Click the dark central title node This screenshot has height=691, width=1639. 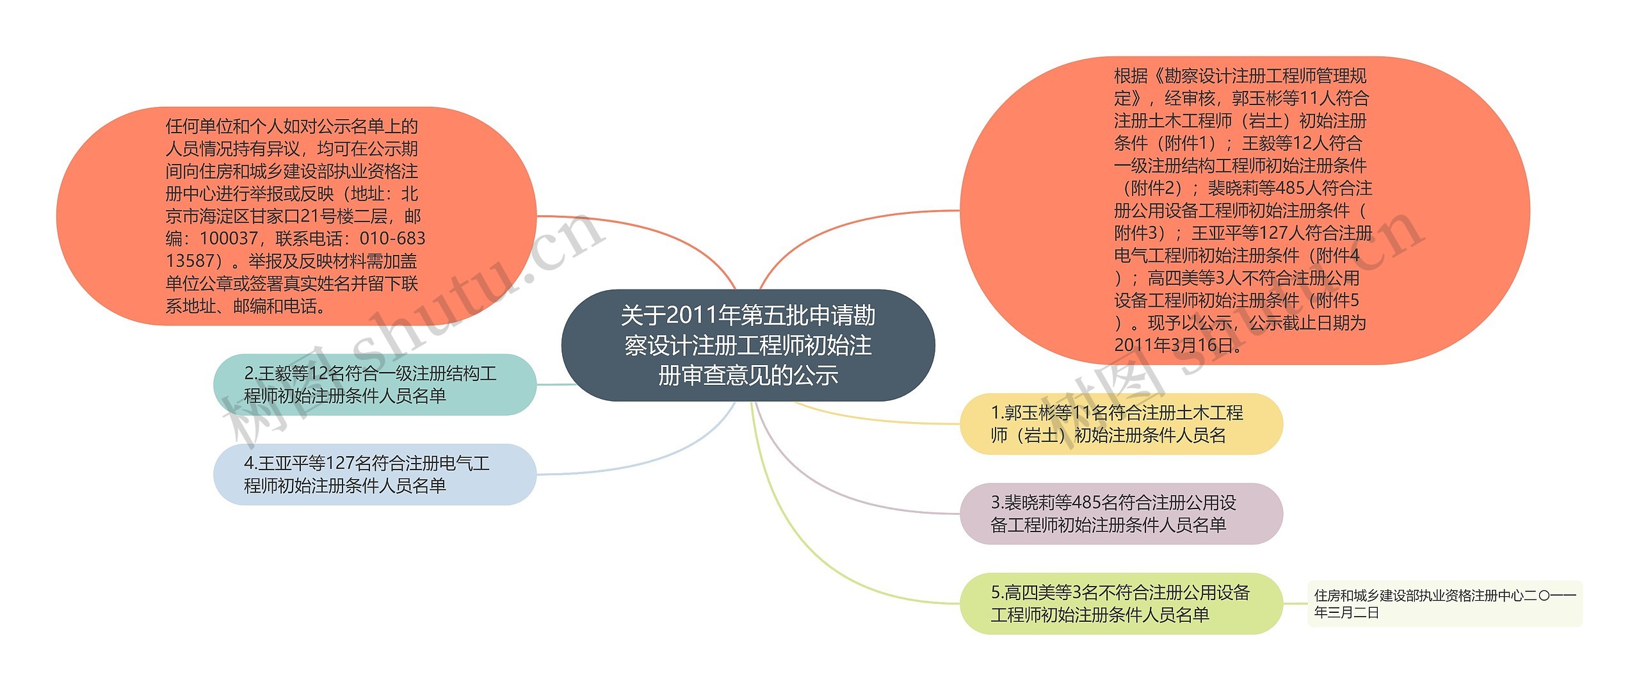point(748,345)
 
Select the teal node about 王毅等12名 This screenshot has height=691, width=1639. point(375,384)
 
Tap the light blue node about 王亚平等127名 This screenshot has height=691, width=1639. point(375,474)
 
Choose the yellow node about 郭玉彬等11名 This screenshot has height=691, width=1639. point(1121,424)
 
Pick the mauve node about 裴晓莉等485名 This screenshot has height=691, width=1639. point(1121,514)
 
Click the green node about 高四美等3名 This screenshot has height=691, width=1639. point(1121,603)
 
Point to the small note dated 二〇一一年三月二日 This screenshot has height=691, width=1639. point(1444,603)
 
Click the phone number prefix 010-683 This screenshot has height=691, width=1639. point(392,239)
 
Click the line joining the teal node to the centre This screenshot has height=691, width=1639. point(555,384)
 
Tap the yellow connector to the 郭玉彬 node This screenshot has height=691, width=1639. point(884,420)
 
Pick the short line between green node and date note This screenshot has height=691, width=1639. point(1295,603)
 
